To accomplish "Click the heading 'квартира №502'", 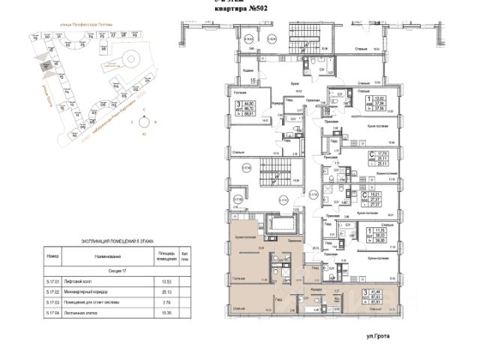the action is click(239, 9).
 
